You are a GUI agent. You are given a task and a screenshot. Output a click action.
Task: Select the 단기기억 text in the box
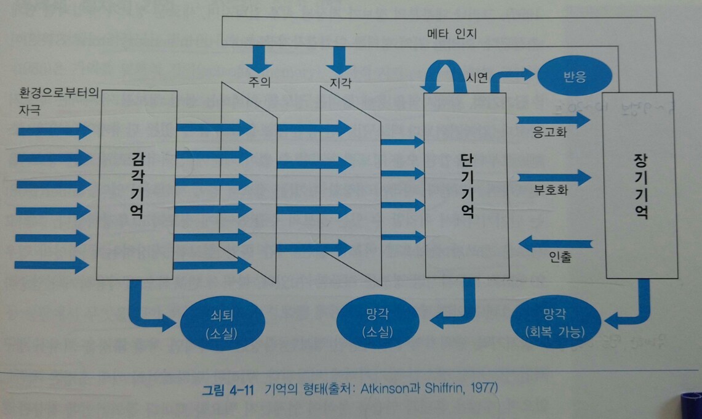coord(467,185)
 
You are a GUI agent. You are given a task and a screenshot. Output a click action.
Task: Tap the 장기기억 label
coord(640,187)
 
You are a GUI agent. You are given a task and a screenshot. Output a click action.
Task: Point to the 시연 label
coord(477,78)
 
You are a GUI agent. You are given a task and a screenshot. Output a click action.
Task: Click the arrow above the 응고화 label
coord(553,120)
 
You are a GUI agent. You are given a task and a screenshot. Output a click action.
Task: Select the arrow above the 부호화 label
coord(554,178)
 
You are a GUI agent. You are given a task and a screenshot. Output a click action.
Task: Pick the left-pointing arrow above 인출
coord(556,243)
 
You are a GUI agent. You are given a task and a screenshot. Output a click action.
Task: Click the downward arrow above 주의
coord(258,59)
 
